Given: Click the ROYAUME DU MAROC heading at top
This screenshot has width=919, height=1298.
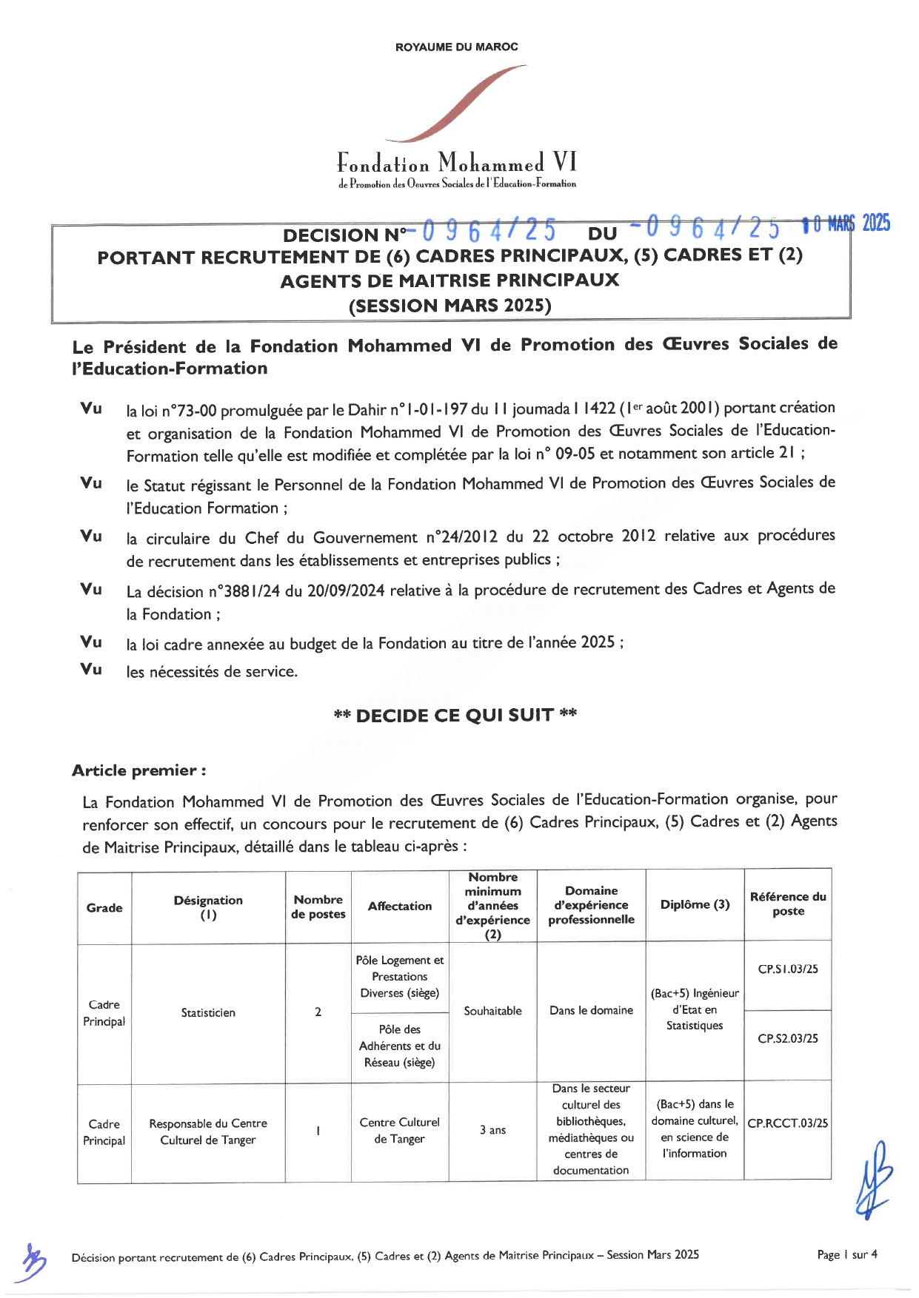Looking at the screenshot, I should click(x=456, y=47).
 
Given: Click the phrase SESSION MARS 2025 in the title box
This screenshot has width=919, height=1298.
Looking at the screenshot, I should click(x=450, y=306).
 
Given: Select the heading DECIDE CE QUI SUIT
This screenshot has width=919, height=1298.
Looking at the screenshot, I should click(x=455, y=715).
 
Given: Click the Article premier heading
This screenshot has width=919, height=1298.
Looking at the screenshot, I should click(x=138, y=770).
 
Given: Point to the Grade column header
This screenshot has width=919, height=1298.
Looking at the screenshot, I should click(x=104, y=907).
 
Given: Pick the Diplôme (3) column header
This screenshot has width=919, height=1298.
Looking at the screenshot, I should click(x=695, y=904).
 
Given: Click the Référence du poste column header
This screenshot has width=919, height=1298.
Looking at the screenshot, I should click(x=787, y=904).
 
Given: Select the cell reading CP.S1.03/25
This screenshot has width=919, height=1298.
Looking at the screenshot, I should click(x=787, y=969).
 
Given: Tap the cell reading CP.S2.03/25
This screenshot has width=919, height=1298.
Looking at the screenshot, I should click(x=787, y=1038).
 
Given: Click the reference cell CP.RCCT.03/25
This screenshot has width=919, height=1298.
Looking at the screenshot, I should click(x=787, y=1123).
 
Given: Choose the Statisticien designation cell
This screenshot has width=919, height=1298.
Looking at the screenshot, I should click(x=208, y=1012).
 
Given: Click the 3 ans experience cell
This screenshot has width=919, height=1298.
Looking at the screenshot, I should click(x=492, y=1130).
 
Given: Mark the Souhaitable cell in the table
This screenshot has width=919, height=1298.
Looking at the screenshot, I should click(x=492, y=1011).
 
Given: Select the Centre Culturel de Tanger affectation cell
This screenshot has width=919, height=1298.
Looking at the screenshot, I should click(x=399, y=1130).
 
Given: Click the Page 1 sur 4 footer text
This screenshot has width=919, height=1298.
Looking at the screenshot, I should click(x=846, y=1254).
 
